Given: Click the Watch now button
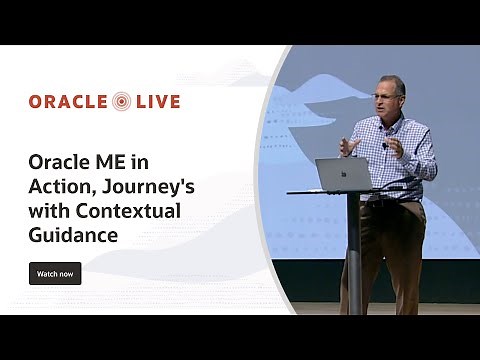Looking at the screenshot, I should click(55, 273).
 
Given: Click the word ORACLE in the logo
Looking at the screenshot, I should click(68, 101).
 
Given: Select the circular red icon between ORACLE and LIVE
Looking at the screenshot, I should click(122, 101).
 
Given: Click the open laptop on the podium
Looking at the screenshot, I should click(343, 175).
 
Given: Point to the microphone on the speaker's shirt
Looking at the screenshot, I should click(385, 146).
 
